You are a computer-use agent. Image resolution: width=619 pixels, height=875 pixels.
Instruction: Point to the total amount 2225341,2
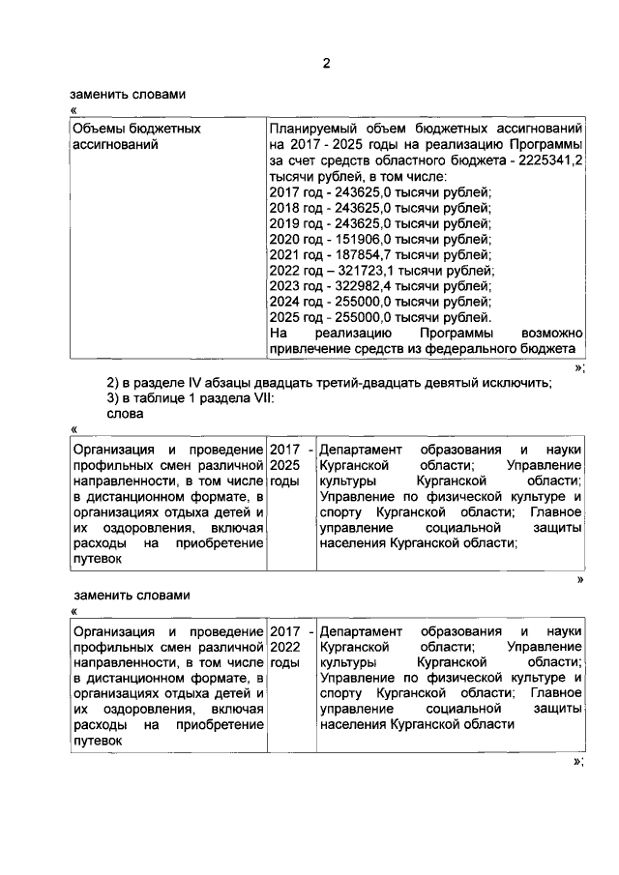tap(550, 160)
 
